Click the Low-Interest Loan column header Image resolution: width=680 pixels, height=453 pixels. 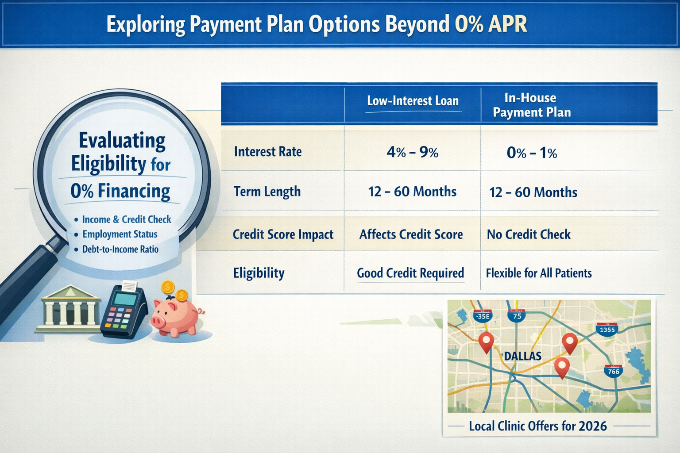[x=413, y=101]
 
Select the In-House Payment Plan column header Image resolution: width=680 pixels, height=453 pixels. [x=531, y=105]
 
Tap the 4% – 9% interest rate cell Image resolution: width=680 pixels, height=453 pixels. [x=412, y=153]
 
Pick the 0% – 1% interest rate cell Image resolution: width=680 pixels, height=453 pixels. [x=532, y=153]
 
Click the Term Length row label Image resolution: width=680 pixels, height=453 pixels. [x=267, y=192]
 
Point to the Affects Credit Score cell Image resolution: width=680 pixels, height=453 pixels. [x=411, y=234]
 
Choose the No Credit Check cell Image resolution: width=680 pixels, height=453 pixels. [x=529, y=234]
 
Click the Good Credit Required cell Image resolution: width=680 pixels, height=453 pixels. [x=410, y=273]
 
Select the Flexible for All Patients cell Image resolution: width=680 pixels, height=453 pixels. [x=539, y=273]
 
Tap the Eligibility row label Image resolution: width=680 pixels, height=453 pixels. [x=259, y=273]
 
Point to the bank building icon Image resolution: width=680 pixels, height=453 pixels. [x=68, y=309]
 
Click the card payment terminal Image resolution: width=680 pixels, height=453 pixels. [x=123, y=310]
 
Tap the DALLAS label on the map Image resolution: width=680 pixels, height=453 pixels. [x=522, y=356]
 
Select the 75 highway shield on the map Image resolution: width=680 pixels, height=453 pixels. [x=517, y=316]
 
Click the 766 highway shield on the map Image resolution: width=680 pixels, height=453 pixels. [x=614, y=371]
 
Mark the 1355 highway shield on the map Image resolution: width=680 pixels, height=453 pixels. [x=607, y=330]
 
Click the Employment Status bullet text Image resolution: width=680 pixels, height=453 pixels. [x=120, y=234]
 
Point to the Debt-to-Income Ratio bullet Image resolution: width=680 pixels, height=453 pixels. [x=120, y=250]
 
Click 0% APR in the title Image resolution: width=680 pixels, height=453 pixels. [x=491, y=24]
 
